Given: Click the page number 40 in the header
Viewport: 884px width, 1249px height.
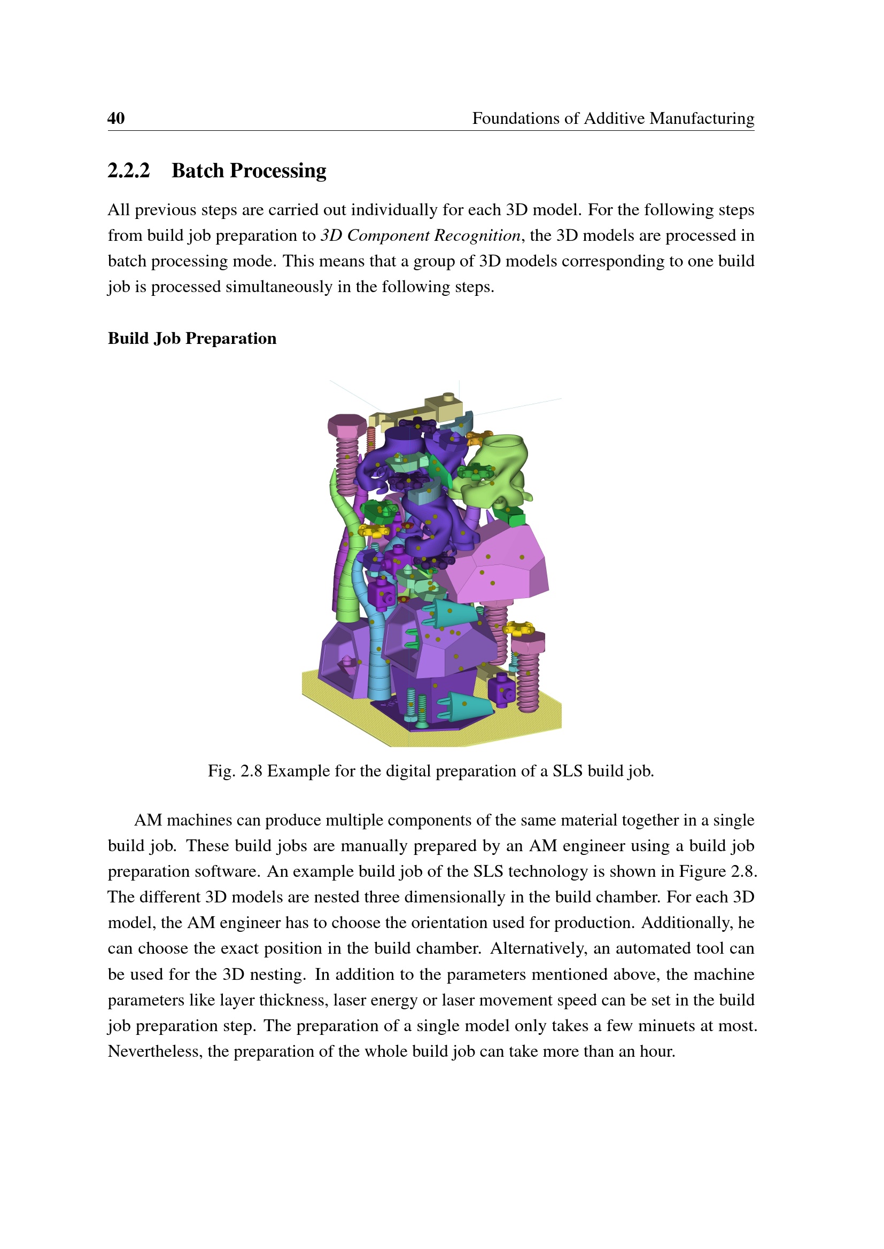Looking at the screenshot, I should tap(116, 118).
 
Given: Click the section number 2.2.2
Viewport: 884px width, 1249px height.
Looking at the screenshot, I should tap(128, 171).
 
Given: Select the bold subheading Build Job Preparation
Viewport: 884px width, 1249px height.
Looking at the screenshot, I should tap(192, 339).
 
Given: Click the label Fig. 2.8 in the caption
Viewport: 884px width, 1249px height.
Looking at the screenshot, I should tap(235, 772).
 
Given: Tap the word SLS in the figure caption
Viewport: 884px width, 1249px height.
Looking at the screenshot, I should tap(567, 772).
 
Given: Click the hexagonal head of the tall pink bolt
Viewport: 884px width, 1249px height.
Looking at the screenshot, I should tap(347, 425).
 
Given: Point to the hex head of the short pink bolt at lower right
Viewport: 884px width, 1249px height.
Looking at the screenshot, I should tap(528, 643).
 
